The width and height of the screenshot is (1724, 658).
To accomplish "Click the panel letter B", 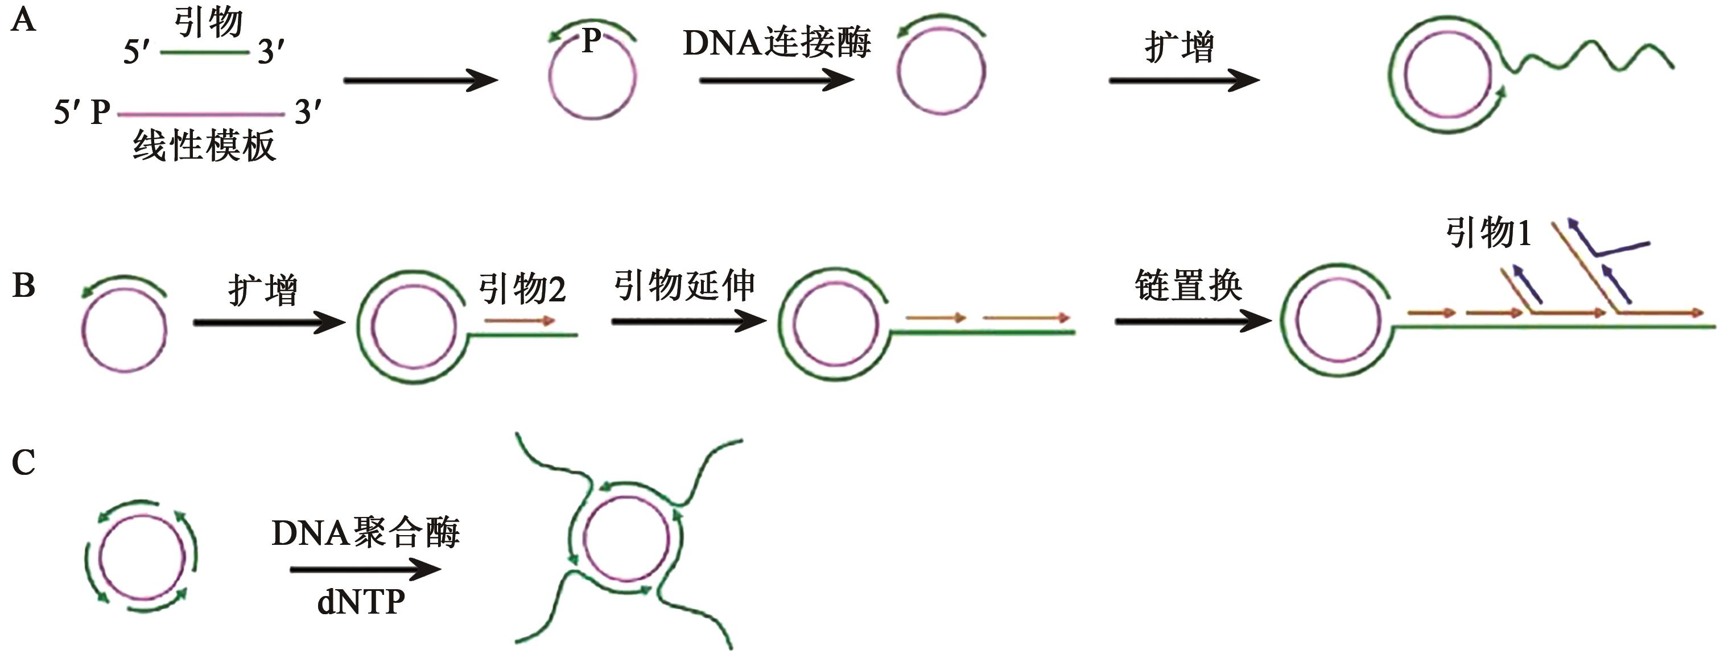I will click(23, 285).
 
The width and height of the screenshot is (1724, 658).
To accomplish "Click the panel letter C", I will click(23, 463).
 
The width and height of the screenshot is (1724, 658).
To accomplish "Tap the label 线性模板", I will click(204, 146).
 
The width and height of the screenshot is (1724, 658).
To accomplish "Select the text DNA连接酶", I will click(776, 43).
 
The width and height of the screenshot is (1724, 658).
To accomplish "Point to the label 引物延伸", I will click(684, 285).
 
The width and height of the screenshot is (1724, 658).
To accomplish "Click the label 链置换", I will click(1189, 285).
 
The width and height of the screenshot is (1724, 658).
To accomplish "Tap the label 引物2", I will click(522, 289).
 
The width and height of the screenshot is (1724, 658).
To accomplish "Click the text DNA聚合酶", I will click(365, 533).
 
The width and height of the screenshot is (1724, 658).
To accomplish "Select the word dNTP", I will click(361, 602).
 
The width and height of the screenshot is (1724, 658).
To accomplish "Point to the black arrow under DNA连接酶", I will click(776, 81).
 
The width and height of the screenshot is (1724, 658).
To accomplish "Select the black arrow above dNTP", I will click(365, 570).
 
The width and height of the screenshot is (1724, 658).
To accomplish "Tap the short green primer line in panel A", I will click(204, 53).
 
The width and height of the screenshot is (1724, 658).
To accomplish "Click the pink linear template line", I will click(201, 114).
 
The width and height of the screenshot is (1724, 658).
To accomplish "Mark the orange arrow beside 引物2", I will click(520, 321).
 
